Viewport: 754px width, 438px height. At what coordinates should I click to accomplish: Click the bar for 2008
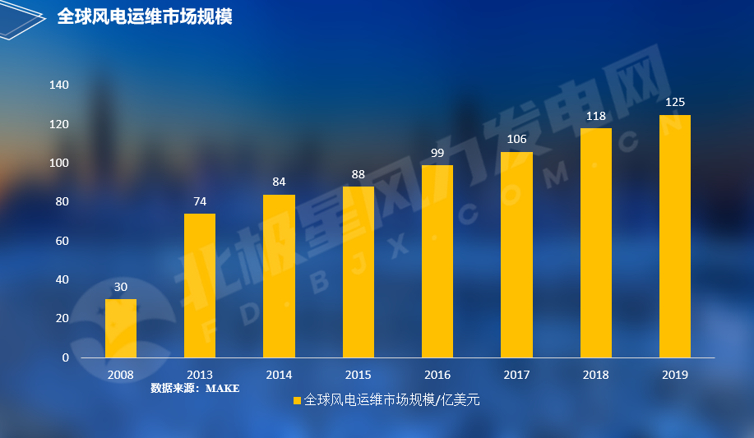click(121, 328)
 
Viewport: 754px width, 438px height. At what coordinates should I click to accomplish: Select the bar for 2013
click(200, 285)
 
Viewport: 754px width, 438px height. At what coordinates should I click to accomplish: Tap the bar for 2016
click(437, 261)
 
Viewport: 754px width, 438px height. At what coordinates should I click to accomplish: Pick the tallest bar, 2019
click(675, 236)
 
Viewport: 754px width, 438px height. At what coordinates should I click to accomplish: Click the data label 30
click(121, 287)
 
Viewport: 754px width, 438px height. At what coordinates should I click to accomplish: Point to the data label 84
click(279, 182)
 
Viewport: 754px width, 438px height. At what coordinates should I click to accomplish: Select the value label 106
click(516, 139)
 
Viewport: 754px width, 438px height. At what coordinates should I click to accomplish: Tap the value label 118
click(595, 116)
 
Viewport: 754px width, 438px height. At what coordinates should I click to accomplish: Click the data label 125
click(675, 102)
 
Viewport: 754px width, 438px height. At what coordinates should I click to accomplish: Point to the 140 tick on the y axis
click(59, 85)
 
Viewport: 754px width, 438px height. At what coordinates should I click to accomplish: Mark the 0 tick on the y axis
click(65, 357)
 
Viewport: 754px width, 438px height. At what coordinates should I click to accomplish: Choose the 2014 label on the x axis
click(279, 375)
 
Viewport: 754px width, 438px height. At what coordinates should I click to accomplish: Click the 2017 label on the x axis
click(516, 375)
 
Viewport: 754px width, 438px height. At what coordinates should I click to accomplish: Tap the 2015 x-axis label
click(358, 375)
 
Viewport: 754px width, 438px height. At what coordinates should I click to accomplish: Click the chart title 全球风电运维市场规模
click(145, 16)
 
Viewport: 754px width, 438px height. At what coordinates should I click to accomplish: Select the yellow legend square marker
click(298, 400)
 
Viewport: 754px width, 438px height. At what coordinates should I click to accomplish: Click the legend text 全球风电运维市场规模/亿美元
click(391, 400)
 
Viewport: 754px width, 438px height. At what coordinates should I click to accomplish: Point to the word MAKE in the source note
click(222, 388)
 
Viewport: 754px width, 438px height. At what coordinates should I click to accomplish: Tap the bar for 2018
click(595, 242)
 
